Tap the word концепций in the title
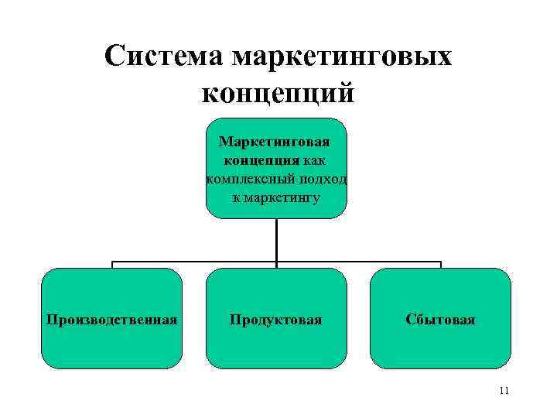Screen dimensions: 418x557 coord(278,93)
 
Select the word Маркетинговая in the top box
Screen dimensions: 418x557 coord(275,142)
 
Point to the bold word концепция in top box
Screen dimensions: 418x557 coord(261,160)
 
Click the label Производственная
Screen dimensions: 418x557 coord(112,319)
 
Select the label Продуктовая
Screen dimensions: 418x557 coord(276,319)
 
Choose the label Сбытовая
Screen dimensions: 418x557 coord(440,319)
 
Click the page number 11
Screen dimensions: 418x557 coord(504,391)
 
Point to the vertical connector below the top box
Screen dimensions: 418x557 coord(276,240)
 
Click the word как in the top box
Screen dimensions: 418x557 coord(314,160)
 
